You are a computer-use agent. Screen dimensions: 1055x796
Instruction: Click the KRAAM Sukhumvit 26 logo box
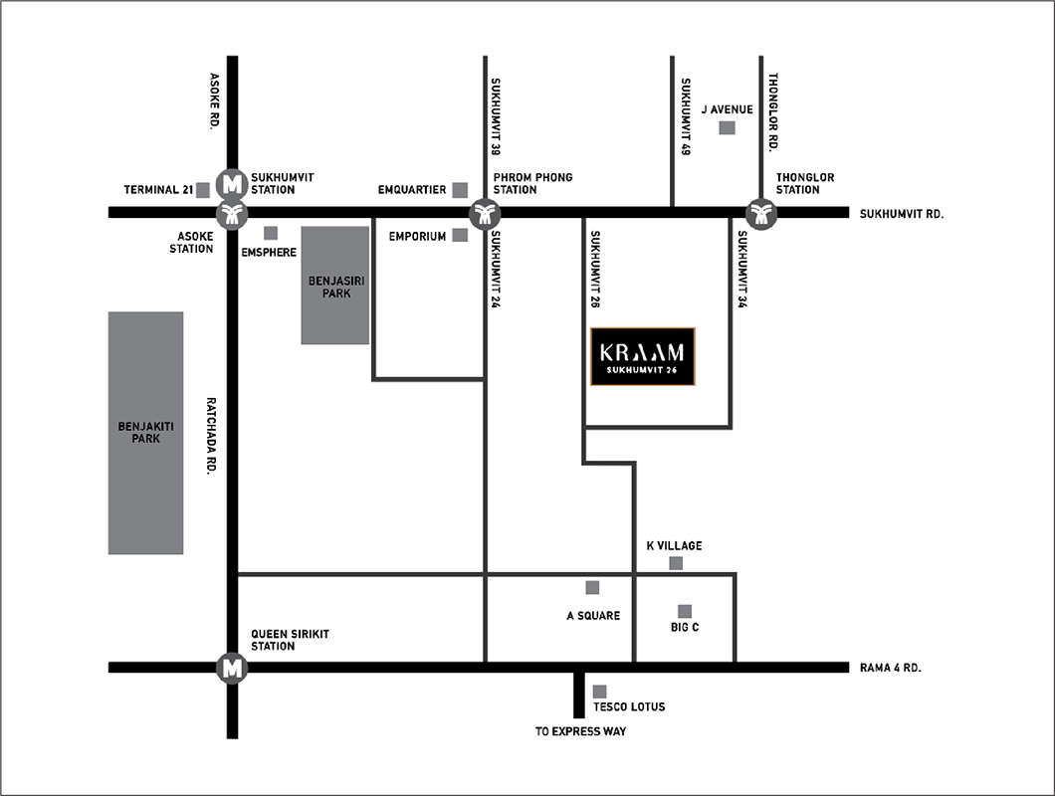click(643, 356)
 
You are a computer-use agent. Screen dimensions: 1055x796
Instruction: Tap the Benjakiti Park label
click(146, 433)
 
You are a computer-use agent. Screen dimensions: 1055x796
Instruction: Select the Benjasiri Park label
click(336, 288)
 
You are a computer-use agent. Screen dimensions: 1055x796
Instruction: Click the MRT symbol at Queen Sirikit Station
click(232, 669)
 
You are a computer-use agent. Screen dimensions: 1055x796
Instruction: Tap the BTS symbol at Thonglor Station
click(761, 215)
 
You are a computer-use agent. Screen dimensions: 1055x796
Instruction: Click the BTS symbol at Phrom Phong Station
click(485, 215)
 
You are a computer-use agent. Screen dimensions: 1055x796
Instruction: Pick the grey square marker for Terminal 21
click(202, 190)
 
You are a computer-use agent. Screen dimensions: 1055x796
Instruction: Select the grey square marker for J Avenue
click(728, 127)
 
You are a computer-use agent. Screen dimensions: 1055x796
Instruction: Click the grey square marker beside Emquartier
click(460, 190)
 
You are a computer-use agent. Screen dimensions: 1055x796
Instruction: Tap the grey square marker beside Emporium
click(460, 235)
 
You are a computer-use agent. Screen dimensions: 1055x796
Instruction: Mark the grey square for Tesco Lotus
click(599, 692)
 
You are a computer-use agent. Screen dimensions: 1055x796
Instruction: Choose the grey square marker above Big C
click(685, 611)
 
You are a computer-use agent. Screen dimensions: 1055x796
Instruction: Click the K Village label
click(674, 545)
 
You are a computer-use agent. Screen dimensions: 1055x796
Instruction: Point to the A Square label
click(593, 616)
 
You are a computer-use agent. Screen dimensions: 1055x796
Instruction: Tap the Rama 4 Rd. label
click(890, 669)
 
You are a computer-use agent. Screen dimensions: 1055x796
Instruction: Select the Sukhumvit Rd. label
click(902, 214)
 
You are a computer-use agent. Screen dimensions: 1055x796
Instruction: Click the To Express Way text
click(580, 731)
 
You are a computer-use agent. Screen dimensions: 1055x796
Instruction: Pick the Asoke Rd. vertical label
click(215, 101)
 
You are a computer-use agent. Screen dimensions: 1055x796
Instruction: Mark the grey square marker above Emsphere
click(271, 233)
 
